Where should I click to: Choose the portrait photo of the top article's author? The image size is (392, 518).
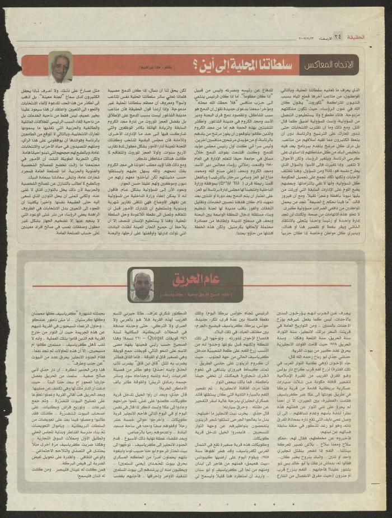coord(60,67)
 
